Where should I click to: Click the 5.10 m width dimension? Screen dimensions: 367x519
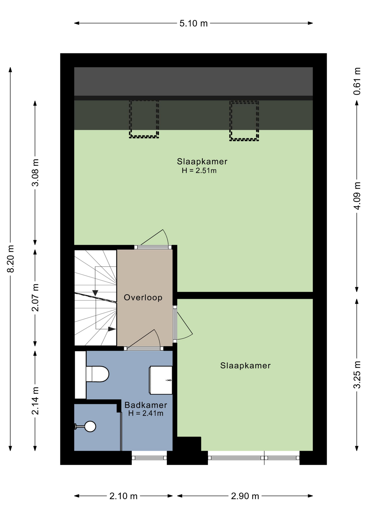click(193, 24)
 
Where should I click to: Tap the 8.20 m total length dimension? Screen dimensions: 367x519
click(11, 259)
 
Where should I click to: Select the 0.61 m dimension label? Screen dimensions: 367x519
click(357, 81)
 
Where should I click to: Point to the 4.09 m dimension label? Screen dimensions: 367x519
click(357, 196)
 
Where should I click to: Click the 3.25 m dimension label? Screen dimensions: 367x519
click(357, 375)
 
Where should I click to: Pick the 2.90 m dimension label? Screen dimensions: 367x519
click(245, 496)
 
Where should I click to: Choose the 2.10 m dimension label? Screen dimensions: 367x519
click(124, 496)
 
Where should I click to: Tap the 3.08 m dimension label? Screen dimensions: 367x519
click(35, 173)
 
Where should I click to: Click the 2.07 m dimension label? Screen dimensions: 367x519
click(35, 298)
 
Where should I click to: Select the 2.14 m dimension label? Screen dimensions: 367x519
click(35, 401)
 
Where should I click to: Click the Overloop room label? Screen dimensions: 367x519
click(143, 297)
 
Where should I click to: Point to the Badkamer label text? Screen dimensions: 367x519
click(146, 405)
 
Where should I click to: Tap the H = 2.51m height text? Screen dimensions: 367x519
click(199, 171)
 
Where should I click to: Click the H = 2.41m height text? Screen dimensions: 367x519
click(146, 413)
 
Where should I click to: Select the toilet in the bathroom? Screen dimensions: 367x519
click(97, 374)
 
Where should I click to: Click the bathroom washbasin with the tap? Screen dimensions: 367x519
click(161, 380)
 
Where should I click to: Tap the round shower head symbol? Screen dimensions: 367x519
click(90, 427)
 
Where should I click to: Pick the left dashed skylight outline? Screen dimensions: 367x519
click(144, 119)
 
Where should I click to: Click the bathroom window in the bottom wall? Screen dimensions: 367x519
click(149, 458)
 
